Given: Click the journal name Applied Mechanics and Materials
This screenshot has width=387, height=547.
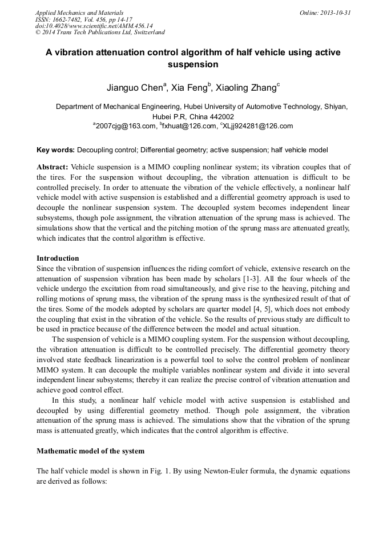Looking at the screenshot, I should [x=79, y=12].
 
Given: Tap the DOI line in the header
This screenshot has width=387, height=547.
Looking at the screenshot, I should [x=94, y=26].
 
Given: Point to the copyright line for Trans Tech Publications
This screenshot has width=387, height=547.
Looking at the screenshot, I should [x=100, y=33].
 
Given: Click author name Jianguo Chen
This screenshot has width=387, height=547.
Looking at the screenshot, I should [x=135, y=88].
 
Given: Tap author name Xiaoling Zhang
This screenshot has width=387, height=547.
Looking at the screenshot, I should [x=246, y=88].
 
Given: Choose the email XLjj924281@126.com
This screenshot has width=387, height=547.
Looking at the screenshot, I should [x=257, y=126].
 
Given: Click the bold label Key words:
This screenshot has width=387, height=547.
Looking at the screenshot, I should [x=55, y=150].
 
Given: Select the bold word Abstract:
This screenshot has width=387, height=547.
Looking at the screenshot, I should [x=53, y=167].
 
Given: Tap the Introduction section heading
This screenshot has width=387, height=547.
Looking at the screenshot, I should [x=58, y=258].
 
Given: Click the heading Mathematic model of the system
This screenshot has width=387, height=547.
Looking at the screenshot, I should [x=90, y=451].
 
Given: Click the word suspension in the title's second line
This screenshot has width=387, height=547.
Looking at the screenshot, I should [x=193, y=64].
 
